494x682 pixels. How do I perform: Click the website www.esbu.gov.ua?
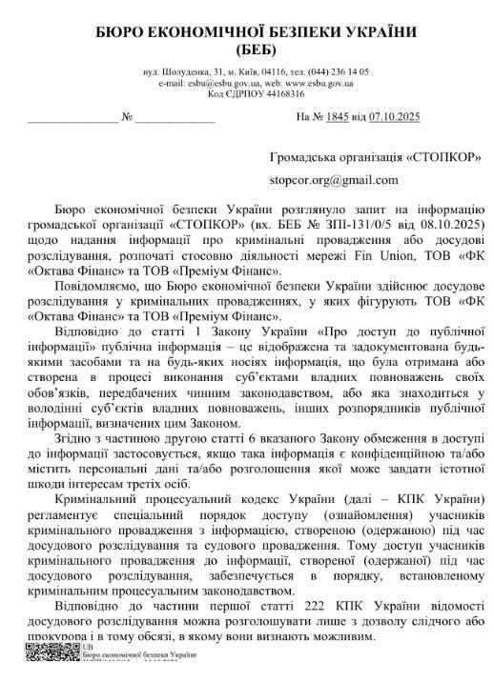click(x=320, y=83)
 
